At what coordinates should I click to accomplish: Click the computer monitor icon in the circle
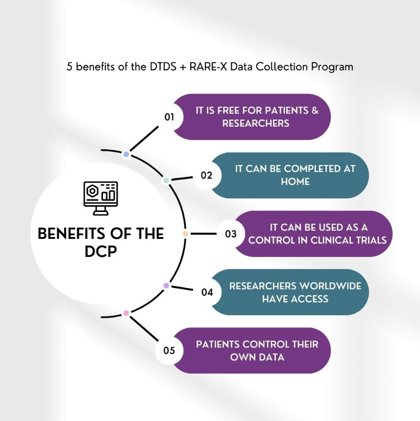click(100, 198)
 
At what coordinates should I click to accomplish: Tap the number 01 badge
click(170, 117)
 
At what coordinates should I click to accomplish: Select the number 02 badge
click(206, 175)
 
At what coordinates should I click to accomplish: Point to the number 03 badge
click(230, 234)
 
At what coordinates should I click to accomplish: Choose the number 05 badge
click(169, 351)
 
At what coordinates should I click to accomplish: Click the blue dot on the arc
click(126, 154)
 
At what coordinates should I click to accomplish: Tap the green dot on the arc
click(166, 180)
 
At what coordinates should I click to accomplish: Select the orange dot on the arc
click(185, 234)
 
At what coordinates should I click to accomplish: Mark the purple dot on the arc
click(166, 285)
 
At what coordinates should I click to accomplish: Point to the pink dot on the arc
click(126, 313)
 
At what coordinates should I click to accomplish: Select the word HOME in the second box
click(295, 181)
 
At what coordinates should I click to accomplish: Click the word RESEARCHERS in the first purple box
click(255, 123)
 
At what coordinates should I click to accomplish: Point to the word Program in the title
click(332, 67)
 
